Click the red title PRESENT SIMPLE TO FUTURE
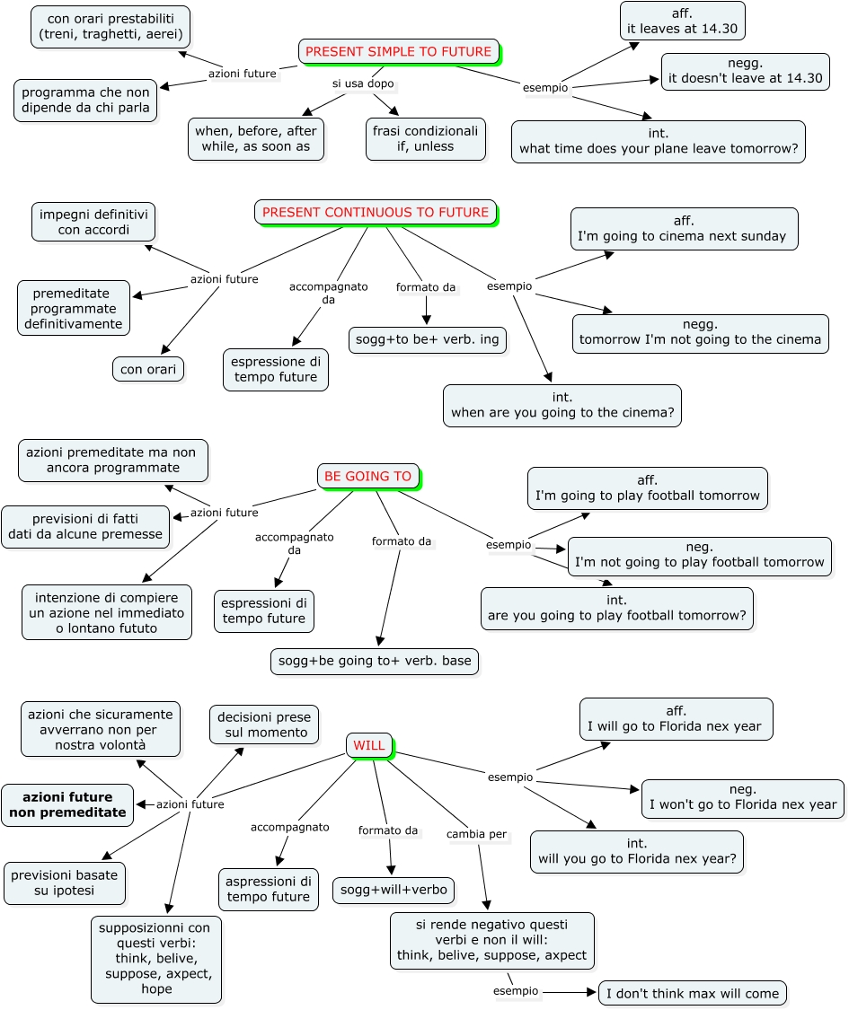[398, 51]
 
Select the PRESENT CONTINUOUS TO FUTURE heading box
[376, 213]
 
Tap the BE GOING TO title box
[367, 477]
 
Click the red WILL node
[368, 745]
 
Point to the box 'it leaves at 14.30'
[682, 21]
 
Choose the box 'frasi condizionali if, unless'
[426, 138]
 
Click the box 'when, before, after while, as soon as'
[256, 138]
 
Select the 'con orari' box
[148, 369]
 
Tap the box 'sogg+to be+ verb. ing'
[428, 339]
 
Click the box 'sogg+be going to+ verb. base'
[375, 661]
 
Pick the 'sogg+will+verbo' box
[394, 890]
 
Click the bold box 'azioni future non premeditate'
[67, 804]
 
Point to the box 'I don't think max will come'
[693, 993]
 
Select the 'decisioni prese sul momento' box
[263, 725]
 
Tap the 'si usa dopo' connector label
[363, 83]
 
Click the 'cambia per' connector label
[476, 834]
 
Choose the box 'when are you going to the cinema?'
[562, 405]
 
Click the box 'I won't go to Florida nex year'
[743, 797]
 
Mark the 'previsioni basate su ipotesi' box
[65, 883]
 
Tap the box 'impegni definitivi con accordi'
[93, 223]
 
